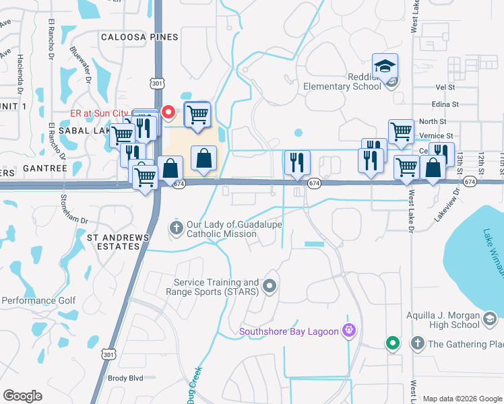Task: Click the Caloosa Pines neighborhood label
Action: [139, 38]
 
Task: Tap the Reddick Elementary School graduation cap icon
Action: [385, 66]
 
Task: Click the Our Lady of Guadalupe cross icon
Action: [177, 228]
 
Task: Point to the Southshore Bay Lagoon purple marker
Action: [348, 329]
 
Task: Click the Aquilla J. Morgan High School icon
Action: [491, 318]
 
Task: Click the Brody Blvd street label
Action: [126, 378]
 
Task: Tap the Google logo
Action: [22, 396]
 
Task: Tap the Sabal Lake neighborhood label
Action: [82, 129]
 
